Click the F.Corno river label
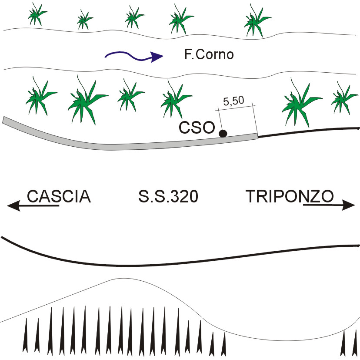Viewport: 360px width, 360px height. [209, 55]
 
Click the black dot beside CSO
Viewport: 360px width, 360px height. [223, 133]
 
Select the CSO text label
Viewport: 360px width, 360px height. [197, 128]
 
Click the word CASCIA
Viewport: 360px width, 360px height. [59, 197]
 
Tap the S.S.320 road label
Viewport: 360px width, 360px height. [168, 197]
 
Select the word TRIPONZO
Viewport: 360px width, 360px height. [290, 197]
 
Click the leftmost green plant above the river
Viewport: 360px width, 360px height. [37, 15]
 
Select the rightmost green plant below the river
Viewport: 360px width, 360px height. [343, 100]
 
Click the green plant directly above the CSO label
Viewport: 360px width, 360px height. [173, 101]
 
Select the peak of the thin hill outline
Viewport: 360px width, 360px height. [117, 278]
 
